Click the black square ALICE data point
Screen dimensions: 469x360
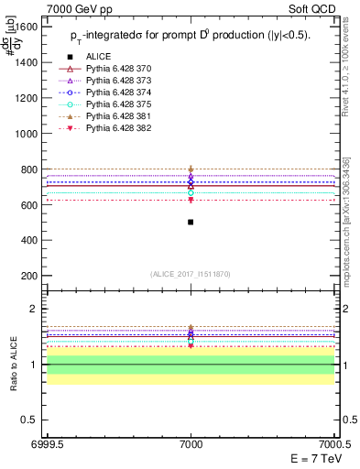(x=191, y=222)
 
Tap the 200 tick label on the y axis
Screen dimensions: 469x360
(x=29, y=277)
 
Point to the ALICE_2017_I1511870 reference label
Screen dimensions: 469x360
(x=191, y=274)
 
